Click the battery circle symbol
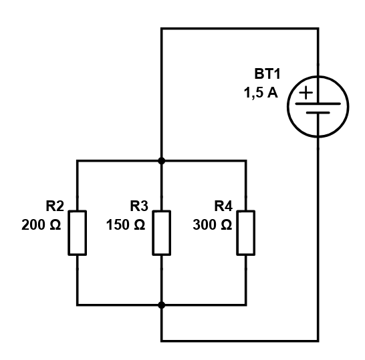point(287,107)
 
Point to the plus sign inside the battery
point(306,93)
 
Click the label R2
point(55,206)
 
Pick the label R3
point(139,206)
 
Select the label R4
point(223,206)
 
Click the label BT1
point(267,74)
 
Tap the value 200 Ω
point(41,225)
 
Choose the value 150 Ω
point(126,225)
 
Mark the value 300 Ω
point(213,225)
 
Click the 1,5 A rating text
point(261,93)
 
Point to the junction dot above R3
point(162,161)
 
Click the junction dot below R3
point(162,305)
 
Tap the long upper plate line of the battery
point(318,104)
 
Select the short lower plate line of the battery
point(318,113)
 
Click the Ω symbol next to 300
point(225,225)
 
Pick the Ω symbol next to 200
point(55,225)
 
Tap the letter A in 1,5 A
point(273,93)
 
